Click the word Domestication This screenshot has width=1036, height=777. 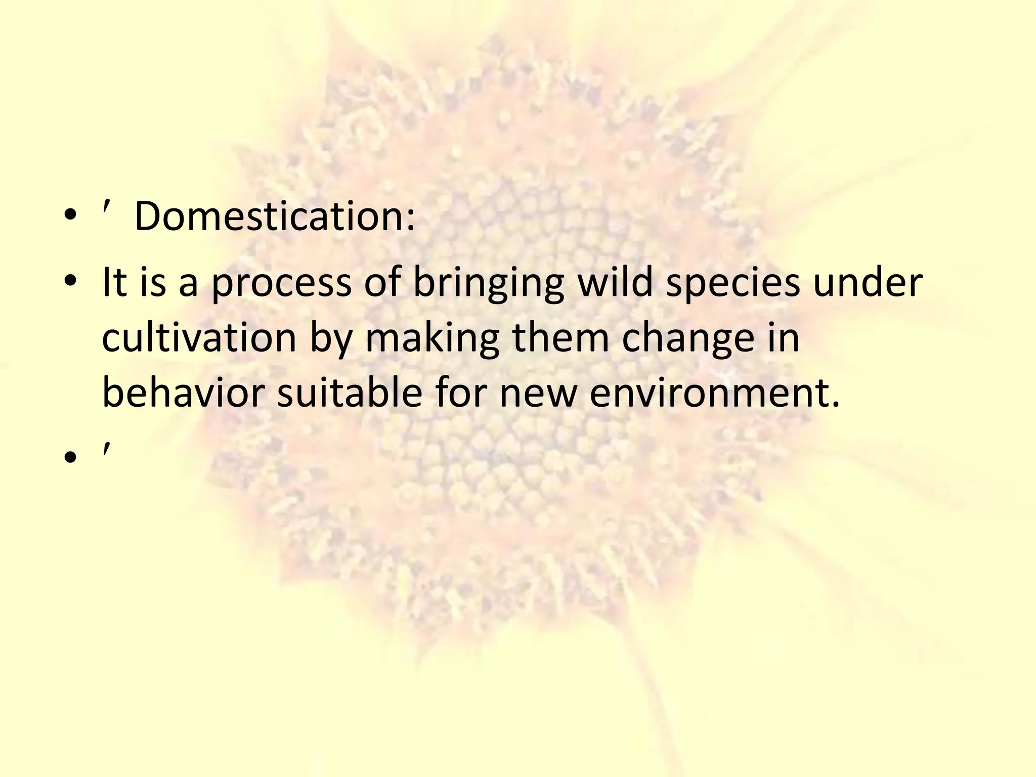click(x=269, y=217)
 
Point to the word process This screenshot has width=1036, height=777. click(x=281, y=283)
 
